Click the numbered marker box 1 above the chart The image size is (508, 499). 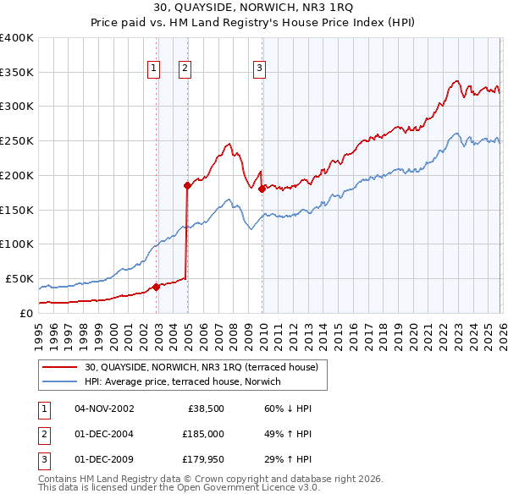click(x=154, y=69)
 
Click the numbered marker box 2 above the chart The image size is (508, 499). click(x=184, y=69)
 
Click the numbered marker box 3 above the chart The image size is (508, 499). click(x=259, y=69)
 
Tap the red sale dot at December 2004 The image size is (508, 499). click(x=187, y=184)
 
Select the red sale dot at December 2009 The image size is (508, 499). click(x=262, y=189)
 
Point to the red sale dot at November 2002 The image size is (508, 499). click(x=156, y=286)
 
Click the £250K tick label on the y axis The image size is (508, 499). click(x=16, y=141)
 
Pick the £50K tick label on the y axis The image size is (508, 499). click(x=19, y=278)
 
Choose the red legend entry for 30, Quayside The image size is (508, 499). click(x=201, y=368)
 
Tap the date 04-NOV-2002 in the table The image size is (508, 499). click(x=104, y=409)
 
